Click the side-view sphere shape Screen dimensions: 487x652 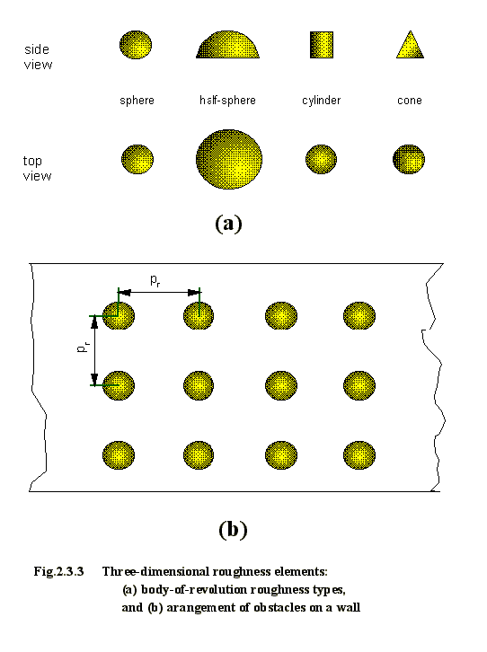point(136,45)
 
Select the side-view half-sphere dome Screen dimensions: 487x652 point(228,45)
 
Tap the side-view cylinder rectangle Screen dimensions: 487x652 point(322,45)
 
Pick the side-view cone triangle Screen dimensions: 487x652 point(410,45)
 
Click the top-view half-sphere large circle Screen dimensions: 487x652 point(229,159)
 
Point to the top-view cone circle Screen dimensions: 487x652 point(409,159)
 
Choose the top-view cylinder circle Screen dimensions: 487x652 point(321,159)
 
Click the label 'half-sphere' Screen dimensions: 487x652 point(227,101)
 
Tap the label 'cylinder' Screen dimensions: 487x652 point(321,101)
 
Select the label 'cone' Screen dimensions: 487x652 point(410,101)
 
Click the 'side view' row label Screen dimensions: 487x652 point(38,57)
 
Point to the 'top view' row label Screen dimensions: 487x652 point(37,169)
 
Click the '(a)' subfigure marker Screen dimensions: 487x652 point(228,224)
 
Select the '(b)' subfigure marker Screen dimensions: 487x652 point(233,530)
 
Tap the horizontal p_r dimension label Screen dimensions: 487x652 point(155,281)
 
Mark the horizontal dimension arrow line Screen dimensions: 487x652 point(159,293)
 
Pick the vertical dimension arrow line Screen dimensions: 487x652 point(95,350)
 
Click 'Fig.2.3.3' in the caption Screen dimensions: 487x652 point(58,572)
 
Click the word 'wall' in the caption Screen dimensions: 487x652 point(348,607)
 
